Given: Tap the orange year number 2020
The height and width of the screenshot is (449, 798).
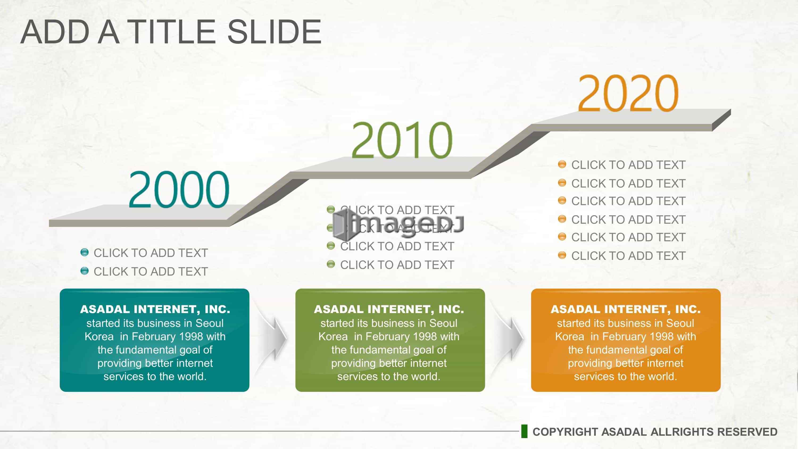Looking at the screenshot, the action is coord(628,93).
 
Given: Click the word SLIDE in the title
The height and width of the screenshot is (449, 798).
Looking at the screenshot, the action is coord(275,32).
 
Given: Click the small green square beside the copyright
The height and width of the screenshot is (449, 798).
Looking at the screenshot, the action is coord(524,431).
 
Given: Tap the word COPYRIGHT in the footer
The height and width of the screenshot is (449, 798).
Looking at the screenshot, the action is coord(565,432).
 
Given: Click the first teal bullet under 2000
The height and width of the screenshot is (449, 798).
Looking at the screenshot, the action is coord(84,252).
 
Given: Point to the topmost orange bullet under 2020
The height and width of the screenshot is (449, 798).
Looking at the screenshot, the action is coord(562,164).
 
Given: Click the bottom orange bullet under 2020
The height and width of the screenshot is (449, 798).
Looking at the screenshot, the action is coord(562,255).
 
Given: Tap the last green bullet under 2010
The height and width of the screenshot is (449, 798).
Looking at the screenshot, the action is coord(331,264).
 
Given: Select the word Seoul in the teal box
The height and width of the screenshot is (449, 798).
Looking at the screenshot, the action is coord(209,323).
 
